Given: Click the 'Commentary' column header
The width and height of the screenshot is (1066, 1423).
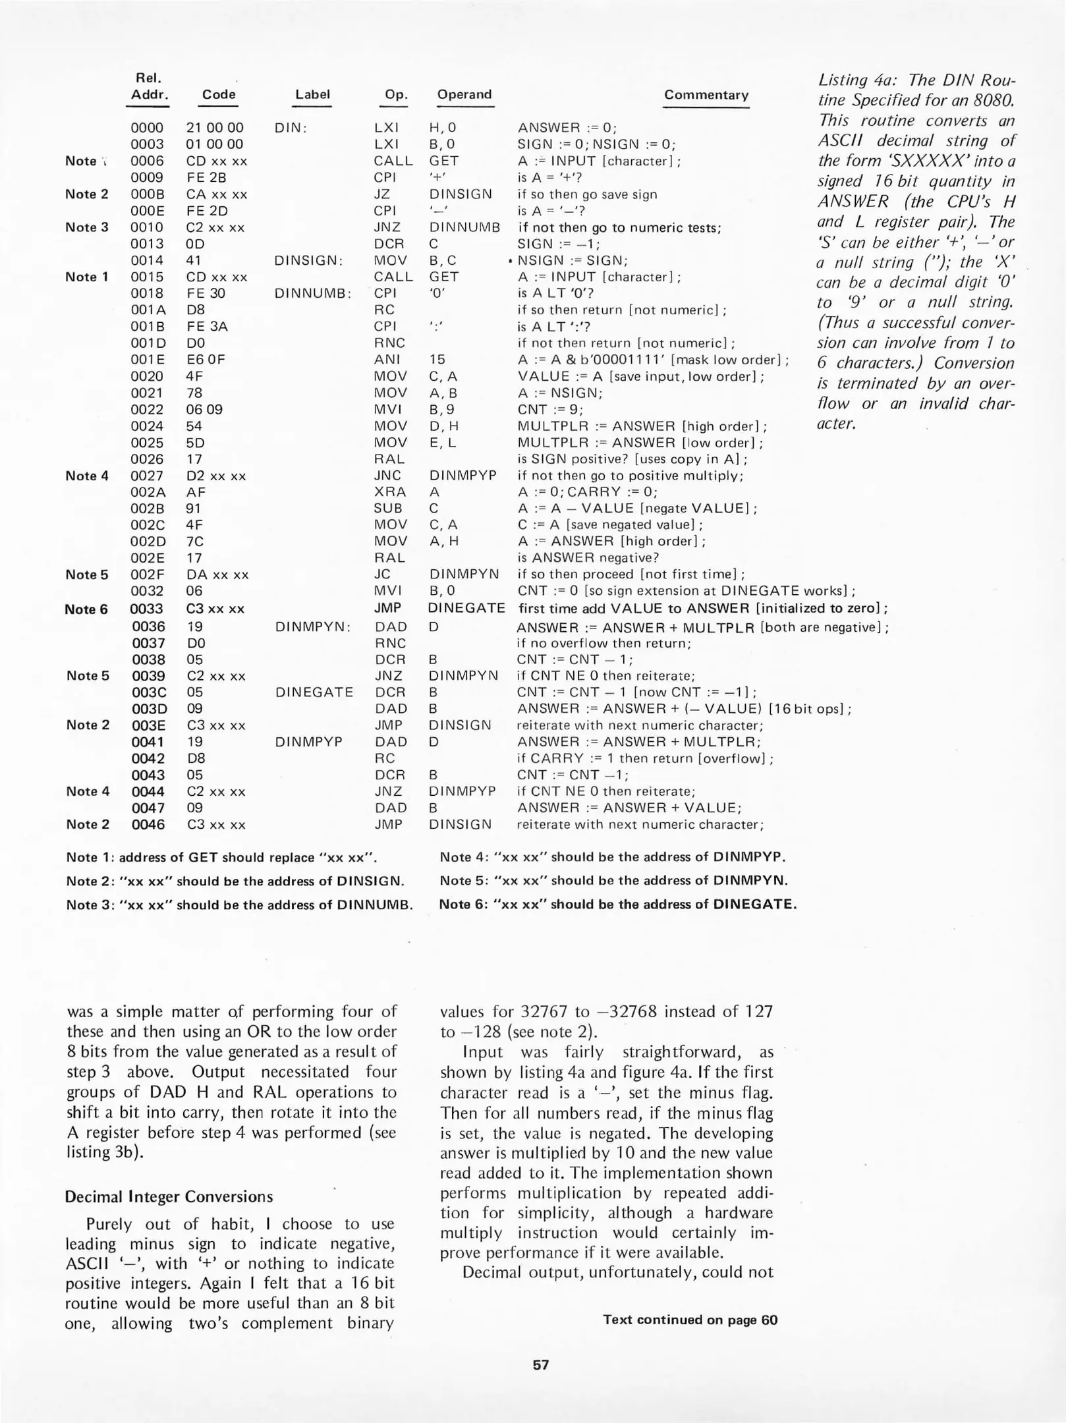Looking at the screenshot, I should click(706, 95).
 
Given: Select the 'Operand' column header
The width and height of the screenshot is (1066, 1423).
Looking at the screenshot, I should click(464, 94).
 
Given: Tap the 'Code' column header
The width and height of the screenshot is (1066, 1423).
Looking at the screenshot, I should click(219, 94).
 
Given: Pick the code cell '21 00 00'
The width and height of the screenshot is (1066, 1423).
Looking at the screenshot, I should click(215, 128).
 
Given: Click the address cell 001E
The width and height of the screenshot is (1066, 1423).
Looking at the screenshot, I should click(147, 360).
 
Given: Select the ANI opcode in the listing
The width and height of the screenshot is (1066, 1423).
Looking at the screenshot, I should click(385, 360).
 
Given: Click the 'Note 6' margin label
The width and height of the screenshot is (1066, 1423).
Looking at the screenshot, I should click(86, 609).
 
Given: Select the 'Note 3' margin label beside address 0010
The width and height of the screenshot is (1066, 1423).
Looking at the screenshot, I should click(86, 227).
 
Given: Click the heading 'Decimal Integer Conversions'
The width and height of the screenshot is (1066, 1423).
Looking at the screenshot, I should click(169, 1196).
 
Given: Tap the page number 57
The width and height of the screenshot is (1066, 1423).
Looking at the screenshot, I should click(541, 1364).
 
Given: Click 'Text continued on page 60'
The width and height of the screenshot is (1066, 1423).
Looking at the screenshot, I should click(690, 1320).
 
